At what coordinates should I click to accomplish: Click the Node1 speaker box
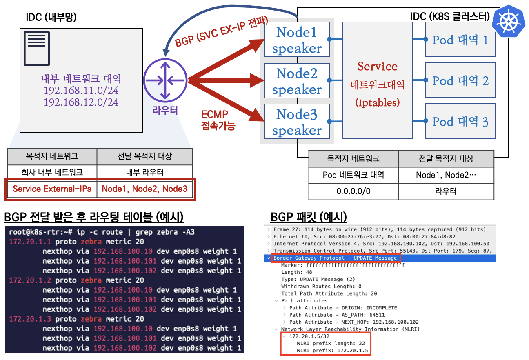click(x=297, y=40)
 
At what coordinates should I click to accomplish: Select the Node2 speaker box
click(x=297, y=81)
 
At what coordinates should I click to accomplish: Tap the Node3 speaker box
click(x=297, y=122)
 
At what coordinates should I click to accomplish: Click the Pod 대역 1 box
click(x=460, y=40)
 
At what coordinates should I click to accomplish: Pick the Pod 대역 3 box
click(x=460, y=121)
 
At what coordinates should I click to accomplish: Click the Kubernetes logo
click(x=509, y=21)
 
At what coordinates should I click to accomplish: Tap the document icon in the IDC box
click(x=37, y=49)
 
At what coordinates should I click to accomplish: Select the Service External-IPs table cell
click(x=51, y=189)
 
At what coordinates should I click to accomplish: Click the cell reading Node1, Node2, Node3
click(x=144, y=189)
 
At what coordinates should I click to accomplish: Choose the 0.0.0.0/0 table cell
click(x=353, y=191)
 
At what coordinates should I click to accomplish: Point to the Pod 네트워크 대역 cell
click(x=353, y=175)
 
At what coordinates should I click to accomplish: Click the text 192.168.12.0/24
click(x=81, y=102)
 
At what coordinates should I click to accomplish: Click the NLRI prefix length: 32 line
click(x=331, y=343)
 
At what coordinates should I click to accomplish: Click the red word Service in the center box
click(x=377, y=67)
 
